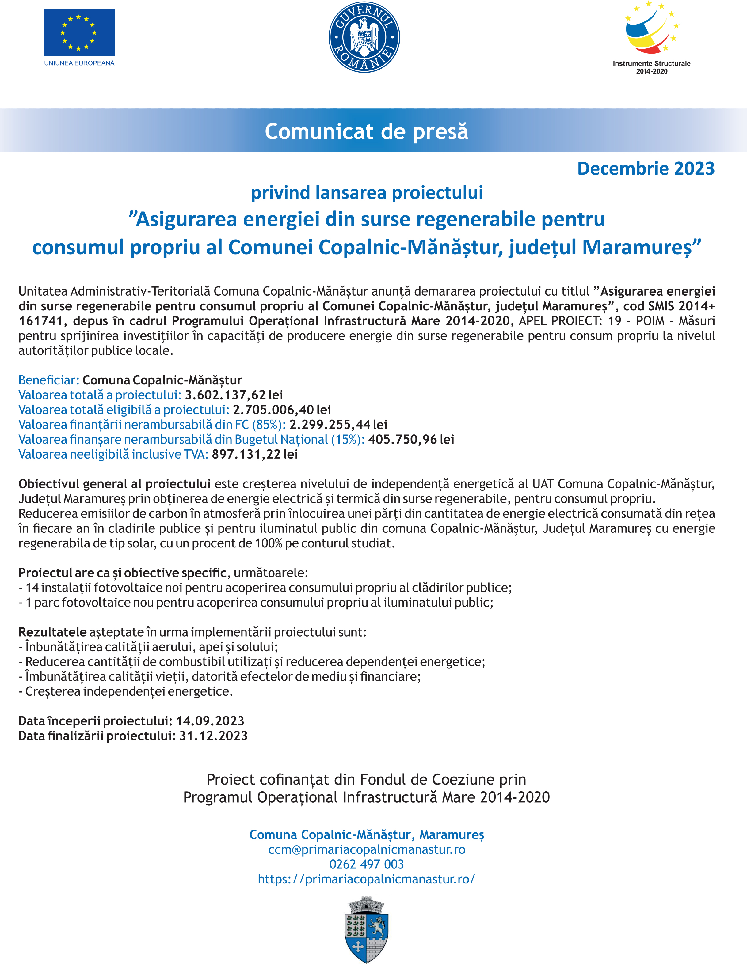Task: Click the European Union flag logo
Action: point(79,33)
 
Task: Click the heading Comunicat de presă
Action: point(366,131)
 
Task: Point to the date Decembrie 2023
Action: point(646,169)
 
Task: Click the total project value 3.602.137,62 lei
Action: point(234,395)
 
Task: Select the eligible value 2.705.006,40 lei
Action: point(282,409)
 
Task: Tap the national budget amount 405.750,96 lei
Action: point(411,439)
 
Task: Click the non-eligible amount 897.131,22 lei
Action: point(255,454)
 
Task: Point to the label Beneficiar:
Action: point(48,380)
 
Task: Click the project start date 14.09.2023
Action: point(210,721)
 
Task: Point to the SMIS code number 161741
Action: point(40,321)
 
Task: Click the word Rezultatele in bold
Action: point(52,632)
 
